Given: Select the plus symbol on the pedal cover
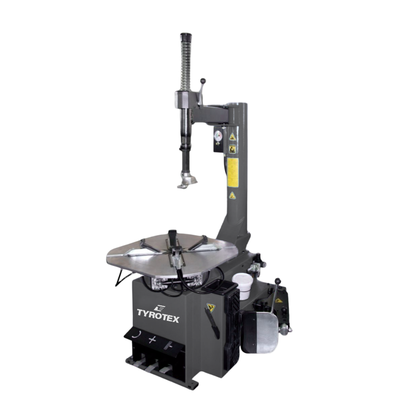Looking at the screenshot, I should click(152, 340).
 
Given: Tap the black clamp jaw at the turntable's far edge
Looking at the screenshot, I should click(172, 235).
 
